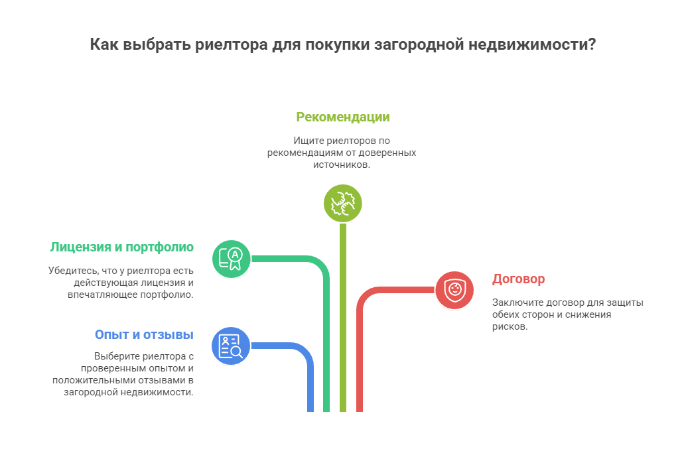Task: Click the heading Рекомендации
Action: [x=342, y=117]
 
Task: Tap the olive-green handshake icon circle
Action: [x=342, y=202]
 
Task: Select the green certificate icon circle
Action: [x=232, y=258]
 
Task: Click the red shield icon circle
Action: [x=454, y=290]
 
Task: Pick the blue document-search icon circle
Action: [x=231, y=346]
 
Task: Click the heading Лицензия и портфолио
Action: [x=121, y=247]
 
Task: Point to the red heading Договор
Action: [x=518, y=279]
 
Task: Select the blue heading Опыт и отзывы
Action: [x=144, y=334]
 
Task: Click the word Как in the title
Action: [x=105, y=45]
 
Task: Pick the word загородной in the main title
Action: [x=419, y=45]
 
